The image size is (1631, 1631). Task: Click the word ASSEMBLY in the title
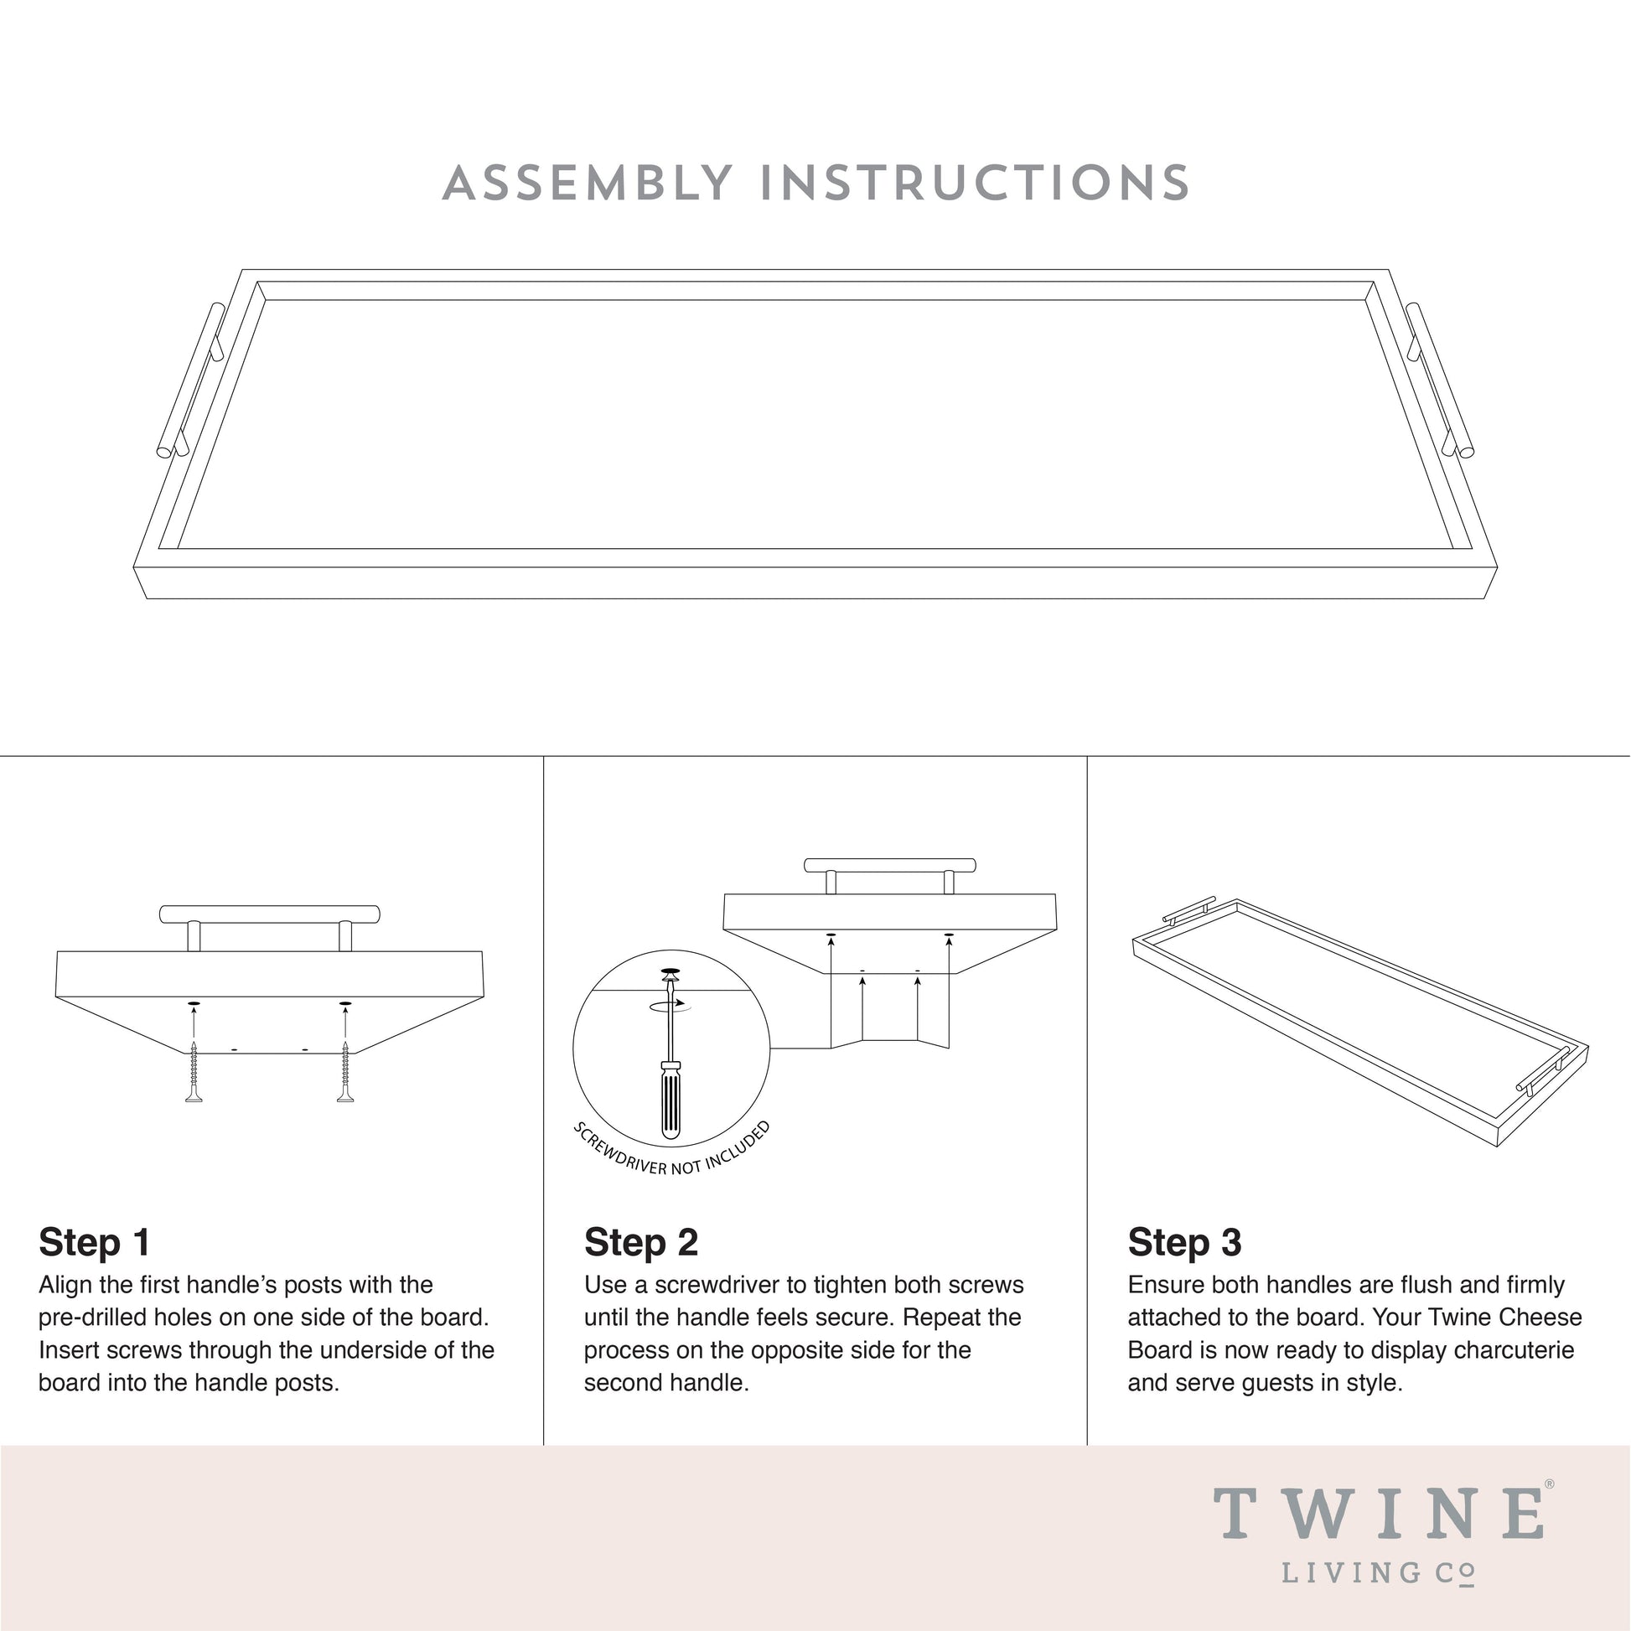(588, 184)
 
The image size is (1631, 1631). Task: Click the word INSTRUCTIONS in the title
(975, 184)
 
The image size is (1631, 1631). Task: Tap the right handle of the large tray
(1439, 380)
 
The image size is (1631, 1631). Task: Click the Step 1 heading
(95, 1242)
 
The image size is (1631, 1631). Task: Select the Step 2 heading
(640, 1242)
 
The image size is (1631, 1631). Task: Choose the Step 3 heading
(1184, 1242)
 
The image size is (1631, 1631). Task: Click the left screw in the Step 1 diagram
(194, 1072)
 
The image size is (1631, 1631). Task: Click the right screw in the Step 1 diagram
(345, 1072)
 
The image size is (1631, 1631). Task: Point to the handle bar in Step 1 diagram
(269, 914)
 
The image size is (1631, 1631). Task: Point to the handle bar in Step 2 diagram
(890, 865)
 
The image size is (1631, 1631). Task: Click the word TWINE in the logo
(1379, 1514)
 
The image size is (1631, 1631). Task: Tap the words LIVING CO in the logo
(1379, 1572)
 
